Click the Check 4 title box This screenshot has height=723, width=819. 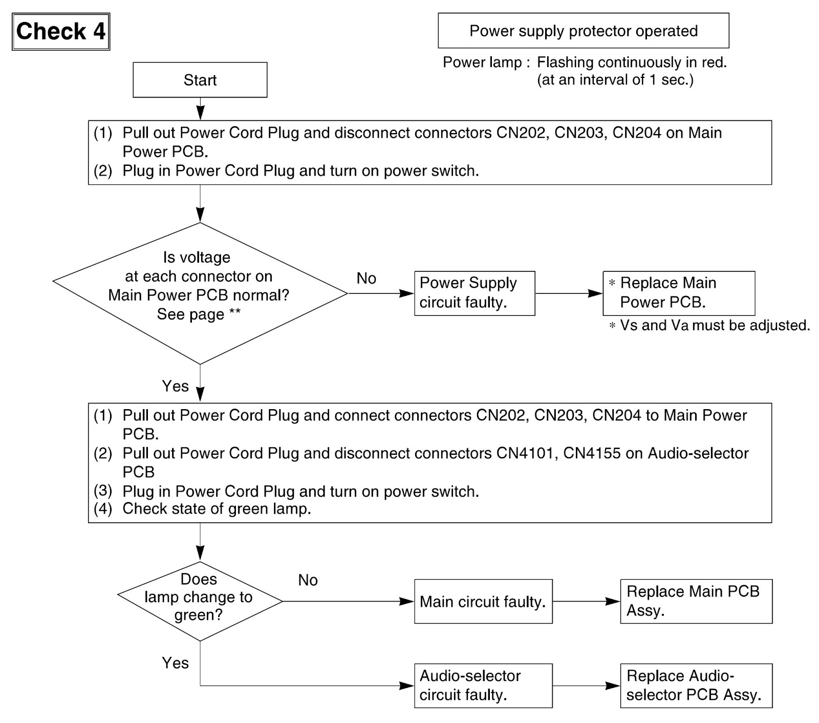61,32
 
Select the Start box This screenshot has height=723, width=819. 200,80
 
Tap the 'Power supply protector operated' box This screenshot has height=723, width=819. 584,31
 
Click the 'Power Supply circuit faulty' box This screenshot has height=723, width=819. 475,293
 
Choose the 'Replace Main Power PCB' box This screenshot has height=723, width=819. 679,293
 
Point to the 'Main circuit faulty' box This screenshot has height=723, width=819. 483,602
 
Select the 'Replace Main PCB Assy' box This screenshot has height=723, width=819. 696,602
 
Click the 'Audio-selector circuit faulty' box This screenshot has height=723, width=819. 483,686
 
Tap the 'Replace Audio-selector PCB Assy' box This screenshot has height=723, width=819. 696,686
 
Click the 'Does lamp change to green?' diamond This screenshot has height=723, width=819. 200,601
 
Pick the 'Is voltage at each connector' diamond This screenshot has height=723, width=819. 200,293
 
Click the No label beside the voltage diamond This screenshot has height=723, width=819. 367,279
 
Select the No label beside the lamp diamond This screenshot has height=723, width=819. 308,580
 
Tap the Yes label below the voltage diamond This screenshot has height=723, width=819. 175,386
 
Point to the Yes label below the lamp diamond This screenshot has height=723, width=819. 175,663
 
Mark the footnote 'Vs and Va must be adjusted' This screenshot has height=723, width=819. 709,326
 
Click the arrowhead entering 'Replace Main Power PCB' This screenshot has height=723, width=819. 596,293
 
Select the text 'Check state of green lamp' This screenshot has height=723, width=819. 217,509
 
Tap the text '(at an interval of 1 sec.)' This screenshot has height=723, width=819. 615,80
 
